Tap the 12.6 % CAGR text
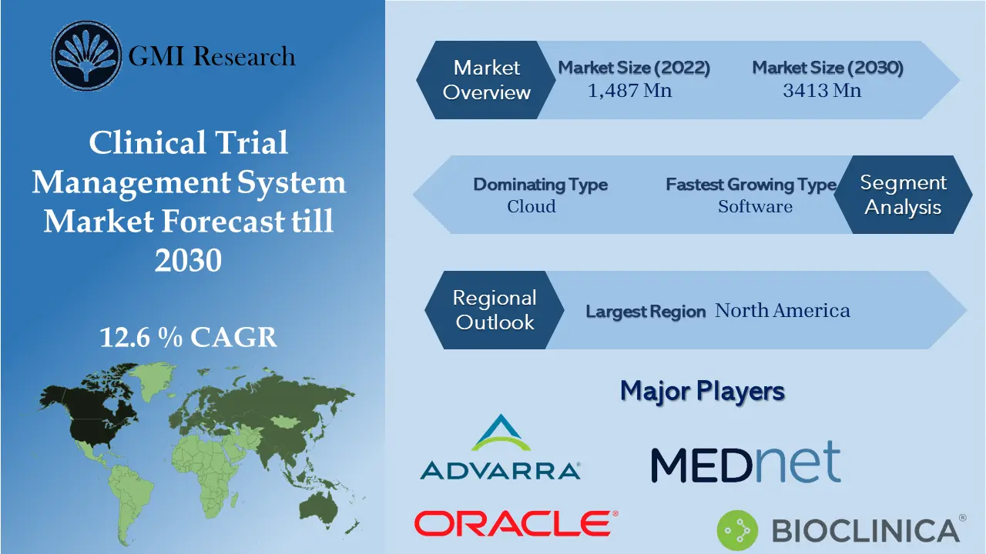click(188, 338)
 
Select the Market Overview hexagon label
click(487, 80)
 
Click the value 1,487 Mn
click(629, 91)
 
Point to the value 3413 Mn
click(822, 91)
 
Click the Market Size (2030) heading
click(827, 68)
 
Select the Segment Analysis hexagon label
click(903, 195)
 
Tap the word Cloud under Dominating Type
click(532, 206)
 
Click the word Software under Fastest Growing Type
click(755, 206)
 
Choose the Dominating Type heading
click(540, 185)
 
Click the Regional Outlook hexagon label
click(495, 309)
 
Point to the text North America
click(783, 310)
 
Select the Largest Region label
click(646, 312)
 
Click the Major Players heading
click(702, 391)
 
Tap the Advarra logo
click(500, 448)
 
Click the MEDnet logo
click(745, 463)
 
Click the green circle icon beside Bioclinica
click(736, 530)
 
